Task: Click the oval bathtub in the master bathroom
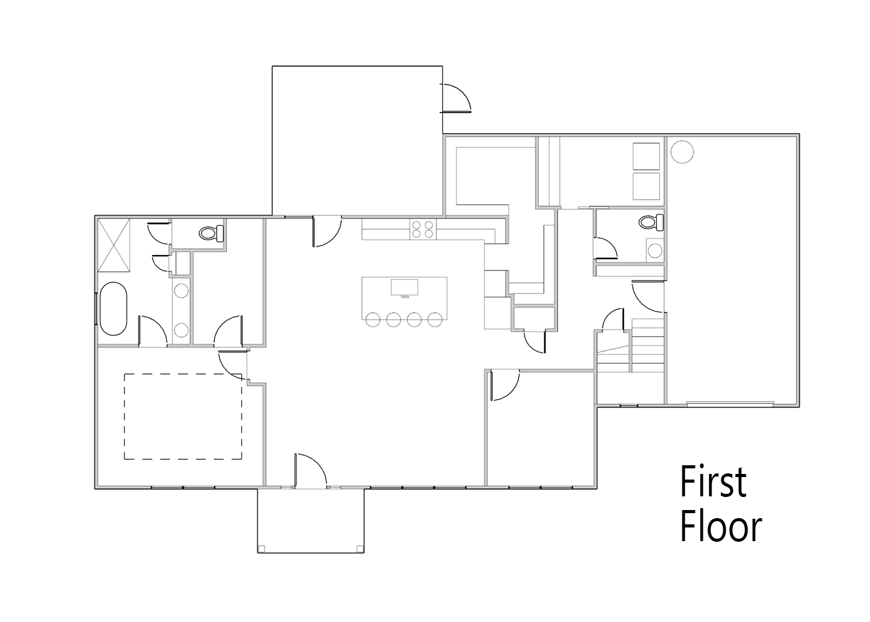tap(114, 309)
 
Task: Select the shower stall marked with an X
tap(114, 245)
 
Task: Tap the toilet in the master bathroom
tap(212, 233)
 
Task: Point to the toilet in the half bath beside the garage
tap(651, 222)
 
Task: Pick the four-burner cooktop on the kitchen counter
tap(423, 230)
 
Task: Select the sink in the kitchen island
tap(405, 287)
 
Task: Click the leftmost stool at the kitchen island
tap(373, 320)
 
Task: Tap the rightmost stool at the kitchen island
tap(435, 320)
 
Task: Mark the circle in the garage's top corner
tap(682, 152)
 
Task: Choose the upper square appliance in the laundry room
tap(646, 156)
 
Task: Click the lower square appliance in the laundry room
tap(646, 186)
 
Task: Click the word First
tap(713, 482)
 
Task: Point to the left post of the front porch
tap(262, 549)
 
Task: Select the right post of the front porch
tap(360, 549)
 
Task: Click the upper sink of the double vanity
tap(181, 290)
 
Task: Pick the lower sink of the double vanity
tap(181, 330)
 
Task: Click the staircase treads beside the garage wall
tap(648, 346)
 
